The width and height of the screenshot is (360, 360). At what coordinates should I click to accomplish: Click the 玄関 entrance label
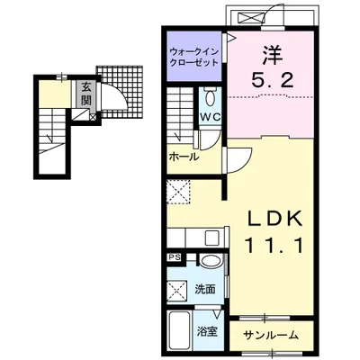click(85, 94)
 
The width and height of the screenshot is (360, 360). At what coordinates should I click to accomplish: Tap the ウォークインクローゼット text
click(194, 57)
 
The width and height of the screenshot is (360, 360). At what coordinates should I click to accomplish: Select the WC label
click(211, 117)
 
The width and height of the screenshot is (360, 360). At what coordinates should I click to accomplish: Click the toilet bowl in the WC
click(211, 96)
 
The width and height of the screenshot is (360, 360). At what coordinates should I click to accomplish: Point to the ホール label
click(184, 157)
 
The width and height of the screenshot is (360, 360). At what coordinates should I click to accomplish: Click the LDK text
click(274, 220)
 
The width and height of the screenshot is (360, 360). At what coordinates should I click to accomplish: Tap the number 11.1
click(274, 246)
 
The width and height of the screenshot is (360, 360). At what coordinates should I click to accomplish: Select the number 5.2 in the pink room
click(272, 80)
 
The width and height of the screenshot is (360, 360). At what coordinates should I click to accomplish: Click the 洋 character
click(273, 56)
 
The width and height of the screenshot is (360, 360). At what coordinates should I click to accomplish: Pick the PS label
click(174, 257)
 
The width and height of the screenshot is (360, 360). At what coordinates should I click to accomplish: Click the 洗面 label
click(205, 289)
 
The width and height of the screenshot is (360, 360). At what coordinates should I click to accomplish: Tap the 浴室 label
click(207, 331)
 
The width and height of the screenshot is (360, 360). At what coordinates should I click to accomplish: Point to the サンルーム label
click(271, 334)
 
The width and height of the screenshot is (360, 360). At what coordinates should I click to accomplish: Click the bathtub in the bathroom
click(180, 333)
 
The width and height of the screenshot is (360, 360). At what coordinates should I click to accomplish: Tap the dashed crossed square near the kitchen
click(178, 193)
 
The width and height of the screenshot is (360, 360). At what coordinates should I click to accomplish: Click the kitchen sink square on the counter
click(212, 238)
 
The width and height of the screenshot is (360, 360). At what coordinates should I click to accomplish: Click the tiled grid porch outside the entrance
click(120, 92)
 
